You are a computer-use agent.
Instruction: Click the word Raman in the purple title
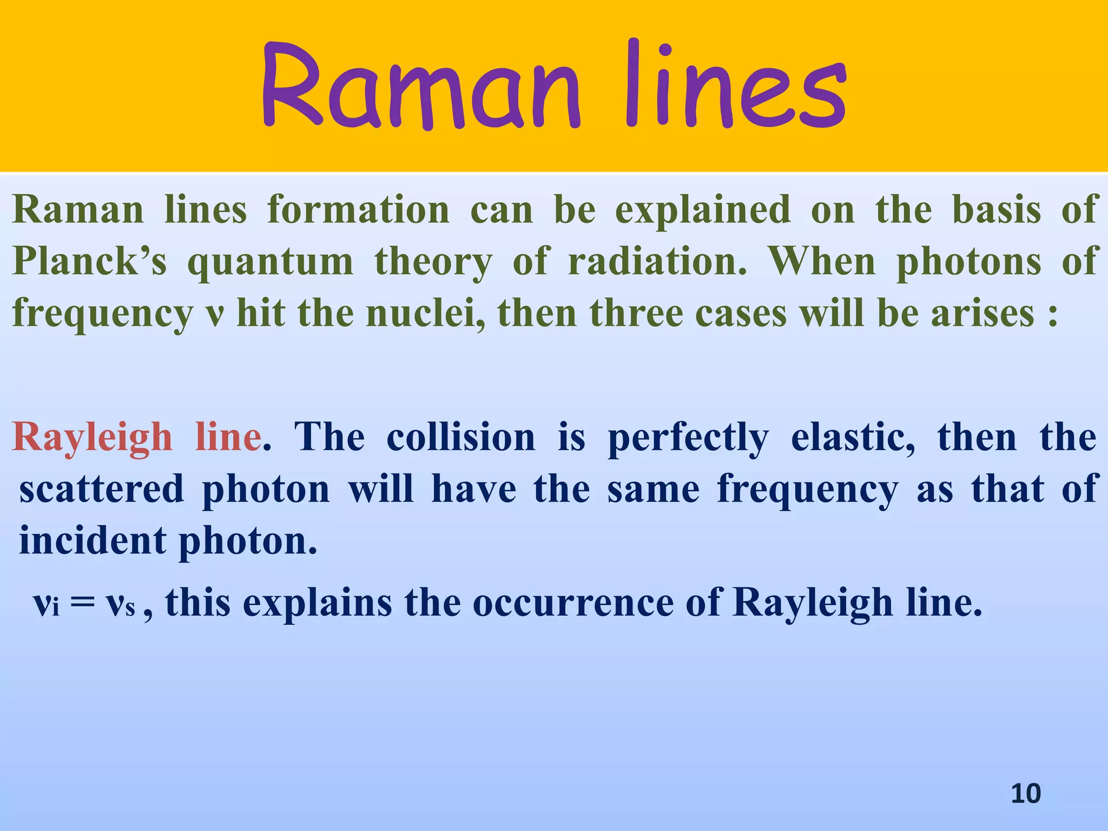pyautogui.click(x=419, y=87)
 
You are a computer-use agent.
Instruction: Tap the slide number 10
pyautogui.click(x=1025, y=794)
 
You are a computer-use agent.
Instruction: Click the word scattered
pyautogui.click(x=102, y=489)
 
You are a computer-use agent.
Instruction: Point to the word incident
pyautogui.click(x=93, y=540)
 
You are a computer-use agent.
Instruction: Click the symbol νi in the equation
pyautogui.click(x=46, y=603)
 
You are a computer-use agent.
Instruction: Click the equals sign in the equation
pyautogui.click(x=82, y=602)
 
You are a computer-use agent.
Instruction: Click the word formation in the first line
pyautogui.click(x=358, y=210)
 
